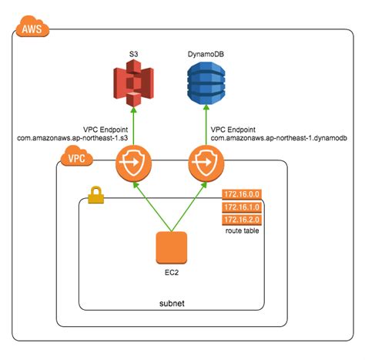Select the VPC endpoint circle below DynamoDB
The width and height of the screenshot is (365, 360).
(205, 164)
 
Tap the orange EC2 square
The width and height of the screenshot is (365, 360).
(172, 247)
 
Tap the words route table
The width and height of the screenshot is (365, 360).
(241, 231)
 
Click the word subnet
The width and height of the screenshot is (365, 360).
(171, 303)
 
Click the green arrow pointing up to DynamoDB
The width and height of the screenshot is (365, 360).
(205, 127)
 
